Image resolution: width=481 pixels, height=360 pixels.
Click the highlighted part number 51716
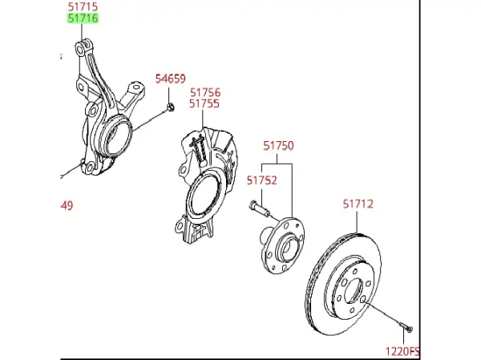click(x=81, y=18)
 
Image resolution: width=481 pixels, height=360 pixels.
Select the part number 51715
click(x=81, y=7)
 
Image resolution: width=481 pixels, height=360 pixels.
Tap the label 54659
click(x=170, y=79)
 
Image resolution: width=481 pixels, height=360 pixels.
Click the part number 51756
click(x=204, y=91)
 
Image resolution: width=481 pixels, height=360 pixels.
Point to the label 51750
click(x=278, y=146)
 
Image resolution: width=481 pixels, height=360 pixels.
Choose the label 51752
click(x=261, y=180)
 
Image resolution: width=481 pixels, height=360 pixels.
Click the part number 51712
click(x=358, y=204)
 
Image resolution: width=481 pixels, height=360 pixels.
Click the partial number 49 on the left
click(x=67, y=205)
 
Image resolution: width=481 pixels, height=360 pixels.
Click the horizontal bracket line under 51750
click(x=277, y=165)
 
